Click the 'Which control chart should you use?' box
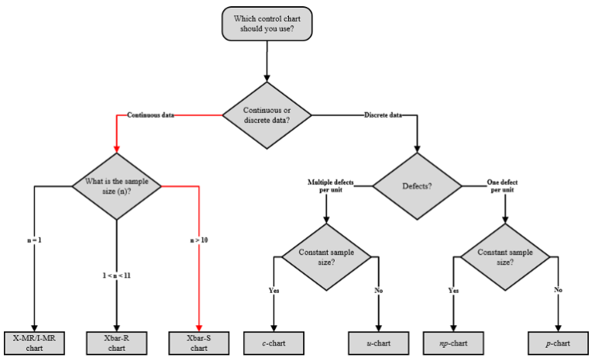[269, 24]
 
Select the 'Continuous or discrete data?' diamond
[267, 115]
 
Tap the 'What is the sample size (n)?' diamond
[116, 187]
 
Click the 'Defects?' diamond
[418, 186]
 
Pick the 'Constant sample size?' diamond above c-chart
[326, 257]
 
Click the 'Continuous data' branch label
[150, 115]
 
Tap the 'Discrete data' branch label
[383, 115]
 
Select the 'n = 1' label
[35, 240]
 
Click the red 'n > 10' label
[199, 240]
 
